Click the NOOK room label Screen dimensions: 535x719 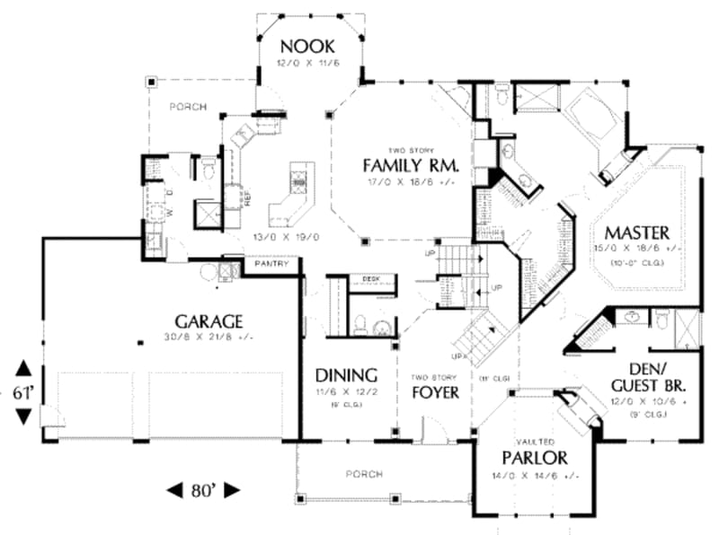pyautogui.click(x=307, y=46)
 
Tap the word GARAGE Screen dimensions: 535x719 pyautogui.click(x=209, y=320)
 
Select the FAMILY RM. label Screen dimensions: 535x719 pyautogui.click(x=411, y=166)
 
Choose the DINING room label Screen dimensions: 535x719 pyautogui.click(x=345, y=375)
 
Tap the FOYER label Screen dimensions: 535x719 pyautogui.click(x=435, y=392)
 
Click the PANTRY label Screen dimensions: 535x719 pyautogui.click(x=271, y=265)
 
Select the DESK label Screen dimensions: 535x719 pyautogui.click(x=371, y=280)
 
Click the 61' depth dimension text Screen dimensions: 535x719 pyautogui.click(x=23, y=391)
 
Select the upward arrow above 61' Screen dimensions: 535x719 pyautogui.click(x=23, y=368)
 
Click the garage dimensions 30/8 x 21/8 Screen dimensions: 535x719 pyautogui.click(x=209, y=338)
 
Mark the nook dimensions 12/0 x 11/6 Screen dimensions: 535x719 pyautogui.click(x=307, y=65)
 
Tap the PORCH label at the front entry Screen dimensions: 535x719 pyautogui.click(x=363, y=474)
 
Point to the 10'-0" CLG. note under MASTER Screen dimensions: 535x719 pyautogui.click(x=638, y=262)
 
